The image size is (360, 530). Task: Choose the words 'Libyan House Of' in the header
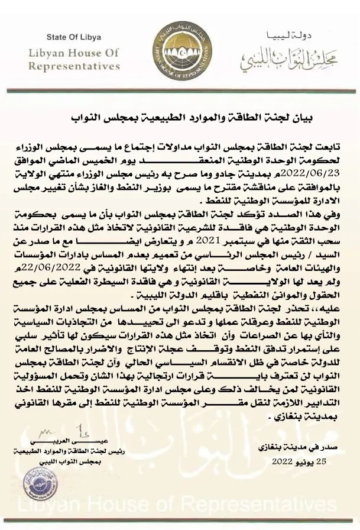tap(74, 53)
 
